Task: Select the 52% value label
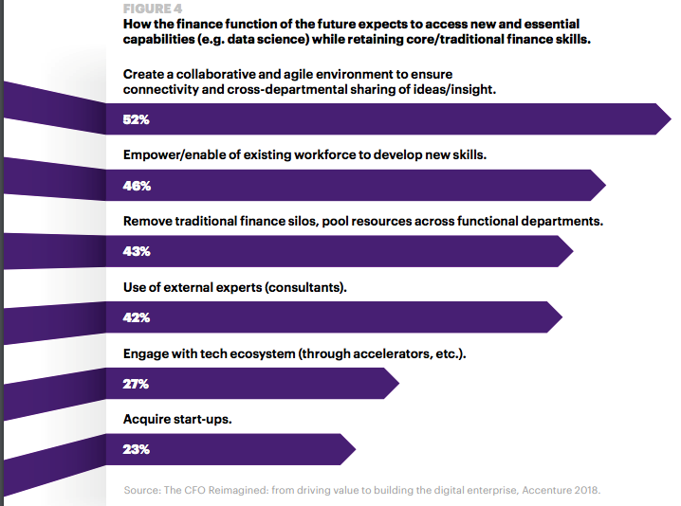pyautogui.click(x=137, y=120)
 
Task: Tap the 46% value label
pyautogui.click(x=137, y=186)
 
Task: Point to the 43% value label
pyautogui.click(x=137, y=252)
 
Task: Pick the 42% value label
pyautogui.click(x=137, y=317)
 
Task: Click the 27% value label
pyautogui.click(x=137, y=384)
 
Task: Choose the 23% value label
pyautogui.click(x=137, y=449)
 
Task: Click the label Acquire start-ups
pyautogui.click(x=177, y=418)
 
